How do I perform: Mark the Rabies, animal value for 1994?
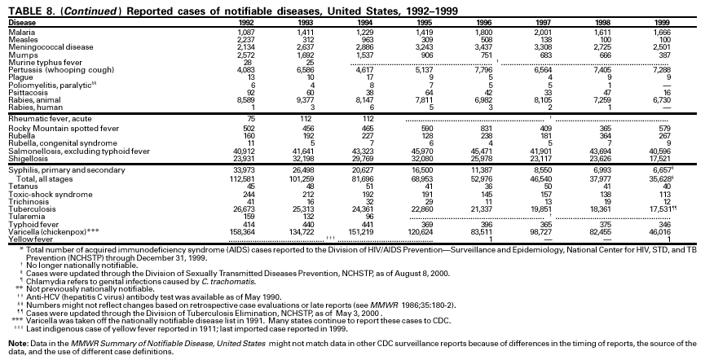360,98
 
